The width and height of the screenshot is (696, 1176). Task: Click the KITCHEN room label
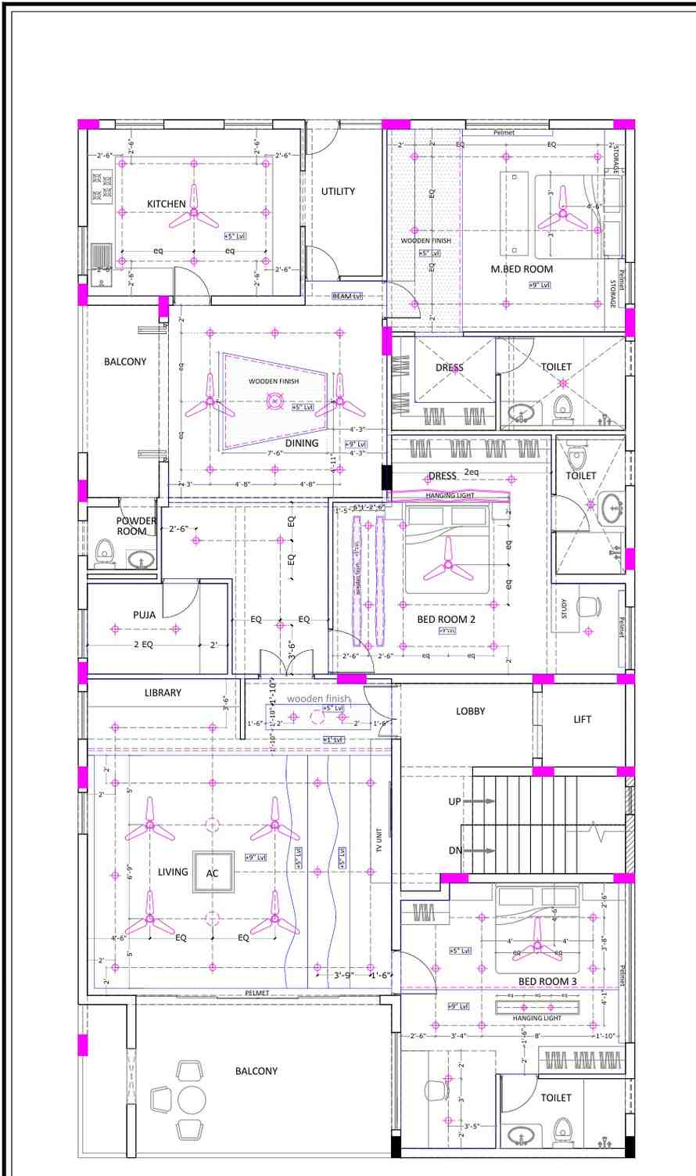(167, 204)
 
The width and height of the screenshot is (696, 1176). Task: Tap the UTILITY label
(338, 191)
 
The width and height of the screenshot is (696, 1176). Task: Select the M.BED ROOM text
(522, 269)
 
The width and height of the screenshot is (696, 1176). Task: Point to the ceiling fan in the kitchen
(194, 212)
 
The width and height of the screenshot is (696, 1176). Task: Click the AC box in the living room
(212, 873)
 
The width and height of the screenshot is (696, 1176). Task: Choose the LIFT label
(583, 719)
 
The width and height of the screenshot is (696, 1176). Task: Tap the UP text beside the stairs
(454, 802)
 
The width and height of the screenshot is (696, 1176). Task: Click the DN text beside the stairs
(454, 851)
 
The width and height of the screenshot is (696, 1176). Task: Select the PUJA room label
(144, 615)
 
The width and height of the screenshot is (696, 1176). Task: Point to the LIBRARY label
(163, 692)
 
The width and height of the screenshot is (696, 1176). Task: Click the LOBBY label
(471, 711)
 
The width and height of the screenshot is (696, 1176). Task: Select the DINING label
(302, 443)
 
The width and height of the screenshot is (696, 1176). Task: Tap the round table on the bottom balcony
(192, 1099)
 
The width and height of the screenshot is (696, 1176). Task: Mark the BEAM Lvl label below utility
(347, 296)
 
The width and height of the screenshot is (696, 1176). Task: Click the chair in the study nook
(588, 607)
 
